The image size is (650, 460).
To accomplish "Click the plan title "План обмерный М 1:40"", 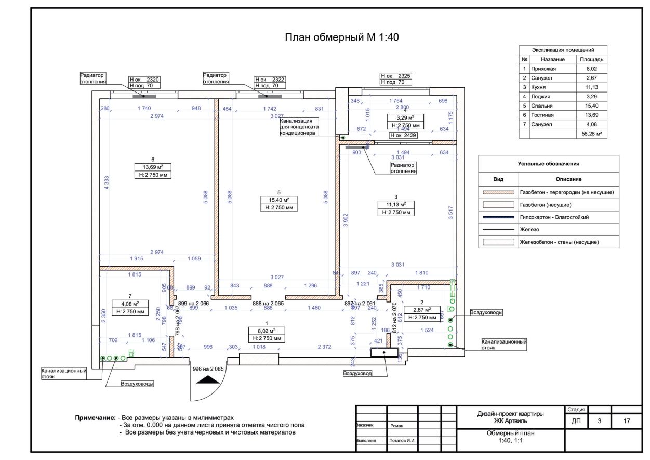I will (341, 37).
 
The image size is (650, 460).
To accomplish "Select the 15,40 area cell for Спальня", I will (592, 106).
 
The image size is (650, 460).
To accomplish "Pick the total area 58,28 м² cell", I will (592, 134).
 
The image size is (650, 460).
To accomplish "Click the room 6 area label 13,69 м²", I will (153, 167).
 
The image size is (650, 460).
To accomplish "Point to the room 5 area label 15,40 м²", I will (279, 200).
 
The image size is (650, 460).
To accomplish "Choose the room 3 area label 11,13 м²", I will (396, 204).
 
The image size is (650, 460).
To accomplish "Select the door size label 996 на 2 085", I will (208, 369).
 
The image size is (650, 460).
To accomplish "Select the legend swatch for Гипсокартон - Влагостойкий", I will (499, 217).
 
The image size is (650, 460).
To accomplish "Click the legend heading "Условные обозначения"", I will (548, 164).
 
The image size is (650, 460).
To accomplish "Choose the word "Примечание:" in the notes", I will (95, 417).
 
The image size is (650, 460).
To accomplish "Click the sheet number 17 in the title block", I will (627, 421).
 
